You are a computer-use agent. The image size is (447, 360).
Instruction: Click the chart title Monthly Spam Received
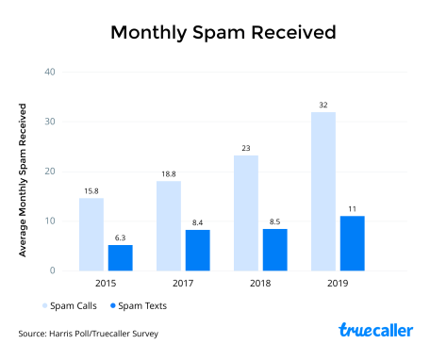pyautogui.click(x=223, y=33)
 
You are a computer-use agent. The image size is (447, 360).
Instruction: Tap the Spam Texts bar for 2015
pyautogui.click(x=120, y=257)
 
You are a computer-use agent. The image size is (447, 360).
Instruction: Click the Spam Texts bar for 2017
pyautogui.click(x=197, y=250)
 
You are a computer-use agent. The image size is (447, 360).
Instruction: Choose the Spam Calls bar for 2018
pyautogui.click(x=246, y=213)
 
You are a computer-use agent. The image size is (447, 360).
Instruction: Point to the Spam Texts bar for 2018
pyautogui.click(x=274, y=250)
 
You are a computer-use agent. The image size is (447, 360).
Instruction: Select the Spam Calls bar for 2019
pyautogui.click(x=323, y=191)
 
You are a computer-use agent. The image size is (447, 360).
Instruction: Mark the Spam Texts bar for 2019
pyautogui.click(x=352, y=243)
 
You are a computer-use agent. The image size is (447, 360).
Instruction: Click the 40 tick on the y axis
pyautogui.click(x=51, y=73)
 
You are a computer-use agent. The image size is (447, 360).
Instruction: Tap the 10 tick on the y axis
pyautogui.click(x=51, y=221)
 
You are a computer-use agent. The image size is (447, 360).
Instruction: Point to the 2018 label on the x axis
pyautogui.click(x=259, y=284)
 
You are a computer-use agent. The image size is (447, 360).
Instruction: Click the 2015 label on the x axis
pyautogui.click(x=105, y=284)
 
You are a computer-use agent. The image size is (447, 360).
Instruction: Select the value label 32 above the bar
pyautogui.click(x=323, y=105)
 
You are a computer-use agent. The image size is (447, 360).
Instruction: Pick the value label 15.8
pyautogui.click(x=91, y=190)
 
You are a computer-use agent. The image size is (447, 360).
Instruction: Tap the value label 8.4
pyautogui.click(x=197, y=221)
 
